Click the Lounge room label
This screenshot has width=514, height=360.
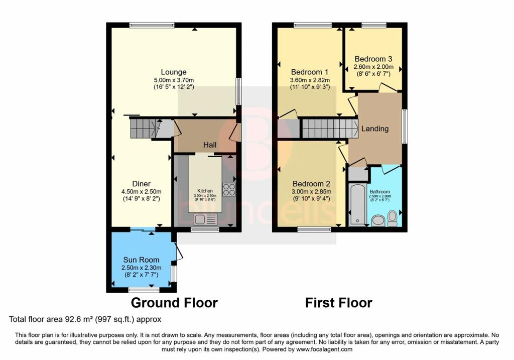(x=173, y=72)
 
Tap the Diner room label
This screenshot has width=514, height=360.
(x=141, y=184)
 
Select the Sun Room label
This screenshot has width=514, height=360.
(x=141, y=260)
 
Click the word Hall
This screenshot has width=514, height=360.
(x=210, y=145)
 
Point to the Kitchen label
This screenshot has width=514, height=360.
(x=205, y=191)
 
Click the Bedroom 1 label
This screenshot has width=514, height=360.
(x=310, y=72)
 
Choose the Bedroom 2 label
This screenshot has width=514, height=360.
(x=311, y=184)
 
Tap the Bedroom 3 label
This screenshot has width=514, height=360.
(x=373, y=59)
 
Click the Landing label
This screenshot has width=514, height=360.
(x=375, y=129)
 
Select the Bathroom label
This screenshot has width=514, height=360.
(x=380, y=192)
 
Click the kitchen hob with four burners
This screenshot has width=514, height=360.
(x=229, y=189)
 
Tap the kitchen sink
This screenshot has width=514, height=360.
(x=205, y=219)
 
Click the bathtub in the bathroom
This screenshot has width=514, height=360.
(x=357, y=205)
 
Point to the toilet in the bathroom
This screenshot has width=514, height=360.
(x=392, y=218)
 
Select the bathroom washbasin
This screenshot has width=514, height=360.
(x=378, y=220)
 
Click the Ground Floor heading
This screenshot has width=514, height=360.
(x=174, y=303)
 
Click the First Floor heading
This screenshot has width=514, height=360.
(x=339, y=303)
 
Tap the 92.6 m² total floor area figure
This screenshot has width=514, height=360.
(x=76, y=319)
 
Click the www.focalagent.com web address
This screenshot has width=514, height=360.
(x=324, y=349)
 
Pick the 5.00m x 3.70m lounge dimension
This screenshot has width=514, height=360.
(x=174, y=80)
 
